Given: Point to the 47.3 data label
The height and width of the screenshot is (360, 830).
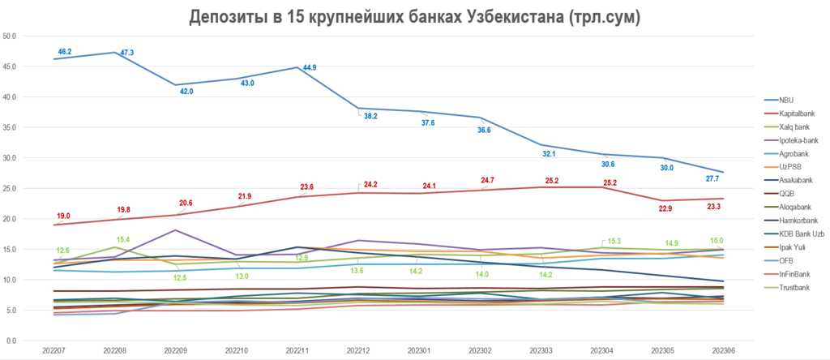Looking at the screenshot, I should click(127, 53).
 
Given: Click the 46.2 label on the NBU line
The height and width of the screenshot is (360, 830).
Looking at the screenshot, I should click(65, 51).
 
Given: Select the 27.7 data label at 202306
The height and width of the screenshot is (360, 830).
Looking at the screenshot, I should click(714, 178).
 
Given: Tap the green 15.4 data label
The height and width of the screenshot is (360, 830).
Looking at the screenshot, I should click(122, 240).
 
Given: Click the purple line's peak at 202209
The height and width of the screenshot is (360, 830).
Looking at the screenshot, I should click(177, 230).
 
